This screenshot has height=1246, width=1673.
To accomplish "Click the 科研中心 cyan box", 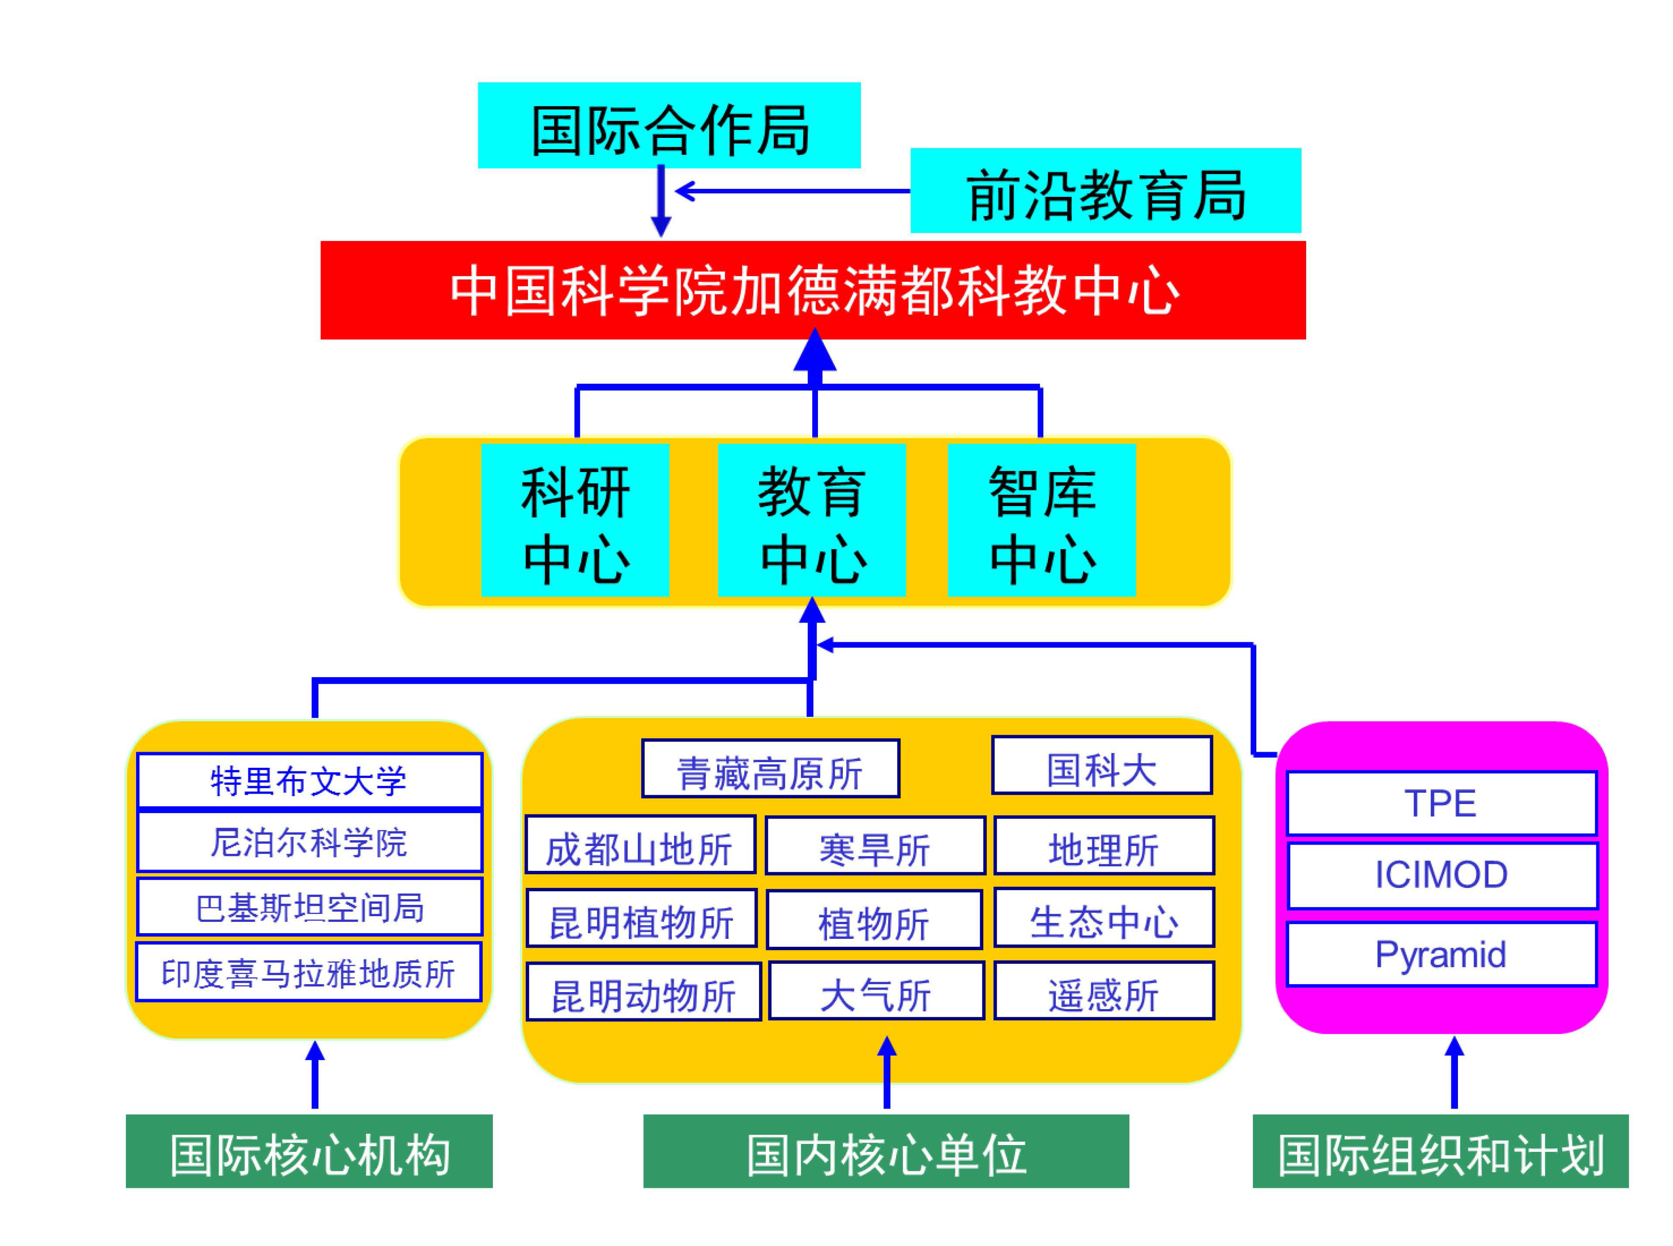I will pos(575,520).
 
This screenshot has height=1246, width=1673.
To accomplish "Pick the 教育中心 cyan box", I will pos(811,520).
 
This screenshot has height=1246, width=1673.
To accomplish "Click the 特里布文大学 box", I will pos(309,780).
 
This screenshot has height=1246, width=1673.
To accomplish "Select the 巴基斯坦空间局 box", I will pos(309,907).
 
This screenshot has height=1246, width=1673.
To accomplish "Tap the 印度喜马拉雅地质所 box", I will pos(309,972).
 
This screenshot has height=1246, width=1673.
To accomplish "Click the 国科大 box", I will pos(1101,766).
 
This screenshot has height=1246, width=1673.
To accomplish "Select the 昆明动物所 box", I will pos(643,992).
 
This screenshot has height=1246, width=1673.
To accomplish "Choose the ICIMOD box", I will pos(1440,875).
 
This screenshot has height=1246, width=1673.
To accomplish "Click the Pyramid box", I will pos(1440,954).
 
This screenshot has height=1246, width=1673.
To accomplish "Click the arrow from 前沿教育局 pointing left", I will pos(792,191).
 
